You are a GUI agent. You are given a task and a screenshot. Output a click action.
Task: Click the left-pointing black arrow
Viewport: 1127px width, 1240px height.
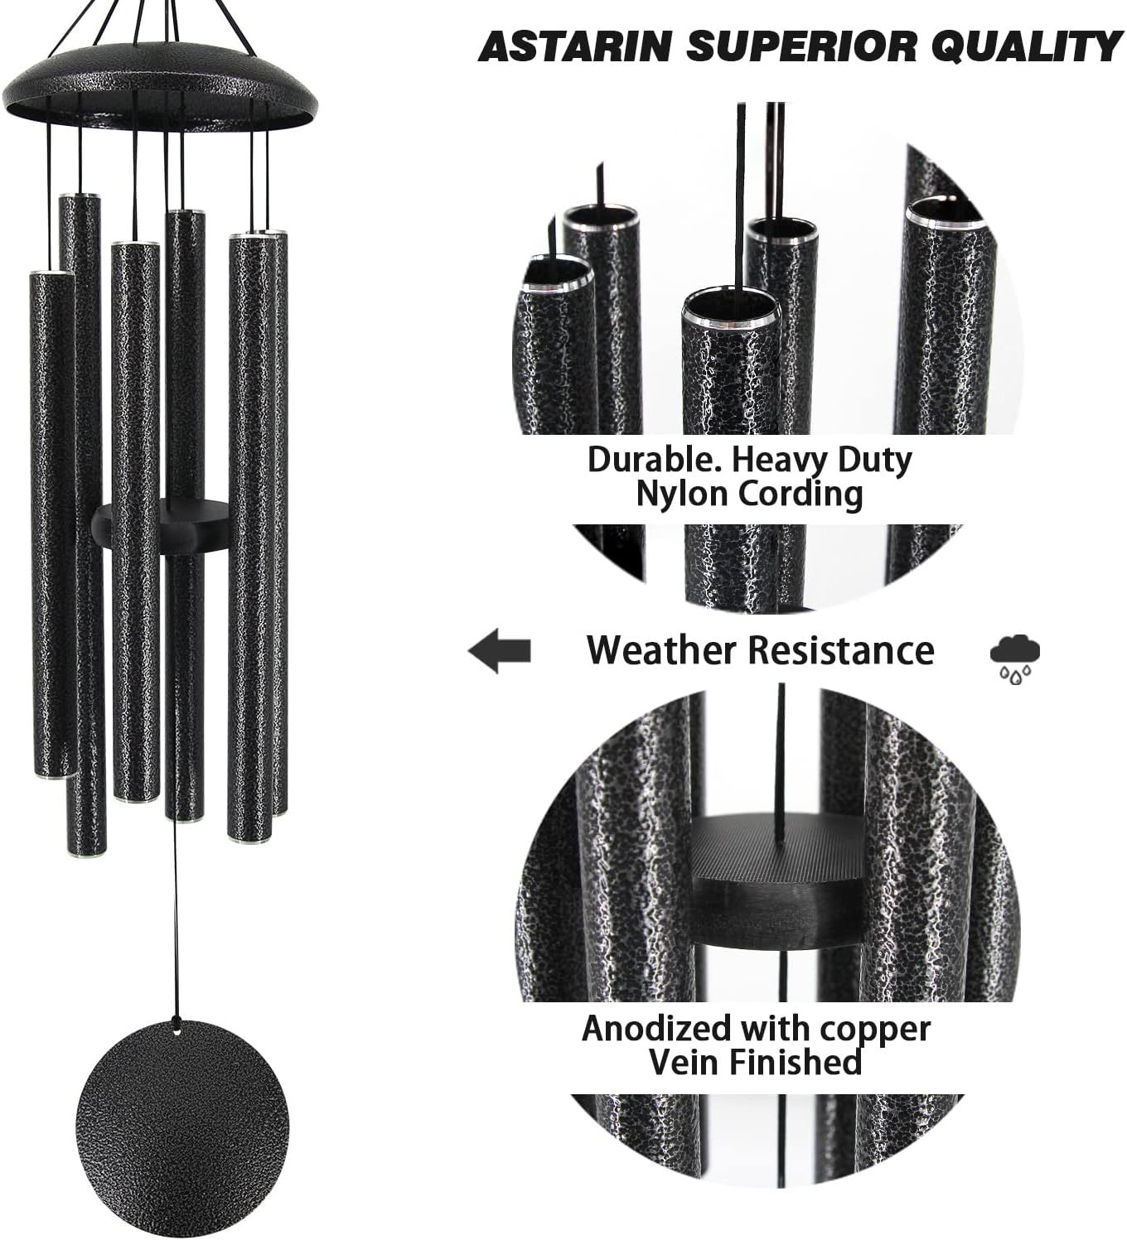click(x=500, y=650)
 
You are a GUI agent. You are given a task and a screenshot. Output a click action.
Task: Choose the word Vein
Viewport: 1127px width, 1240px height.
click(x=677, y=1062)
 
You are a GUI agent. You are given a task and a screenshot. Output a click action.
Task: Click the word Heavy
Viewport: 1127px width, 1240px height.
click(x=781, y=459)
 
